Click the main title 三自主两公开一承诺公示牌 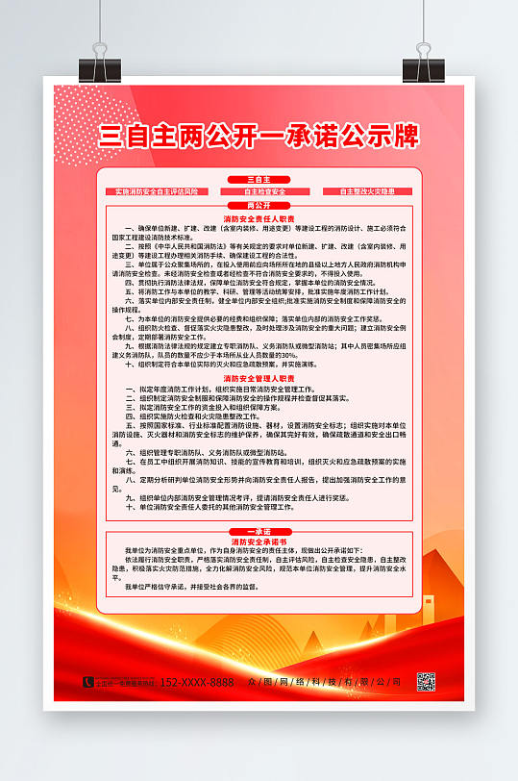coord(259,136)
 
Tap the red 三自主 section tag coord(259,180)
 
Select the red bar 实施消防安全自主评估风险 coord(156,191)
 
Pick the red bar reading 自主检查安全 coord(259,191)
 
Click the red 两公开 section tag coord(259,206)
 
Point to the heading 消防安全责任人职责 coord(259,218)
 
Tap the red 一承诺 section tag coord(259,530)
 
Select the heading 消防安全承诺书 coord(259,542)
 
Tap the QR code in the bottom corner coord(426,681)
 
